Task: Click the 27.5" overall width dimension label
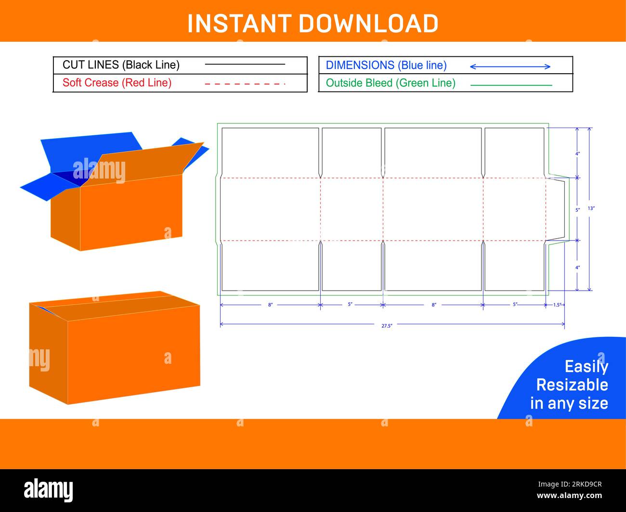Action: tap(387, 326)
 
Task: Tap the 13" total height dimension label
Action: tap(591, 208)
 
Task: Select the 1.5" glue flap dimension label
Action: tap(557, 305)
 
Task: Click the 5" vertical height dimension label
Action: tap(578, 210)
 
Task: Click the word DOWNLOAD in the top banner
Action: tap(368, 23)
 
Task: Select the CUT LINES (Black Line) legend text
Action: tap(121, 65)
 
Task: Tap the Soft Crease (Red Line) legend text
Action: tap(117, 83)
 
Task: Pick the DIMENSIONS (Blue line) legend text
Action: tap(386, 65)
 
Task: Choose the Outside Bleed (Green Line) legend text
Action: tap(391, 83)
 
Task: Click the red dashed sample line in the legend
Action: tap(245, 84)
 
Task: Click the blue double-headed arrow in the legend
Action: tap(510, 66)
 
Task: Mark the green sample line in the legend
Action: tap(510, 85)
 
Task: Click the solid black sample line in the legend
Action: tap(245, 64)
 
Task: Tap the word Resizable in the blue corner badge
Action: tap(572, 385)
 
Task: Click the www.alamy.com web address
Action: tap(569, 496)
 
